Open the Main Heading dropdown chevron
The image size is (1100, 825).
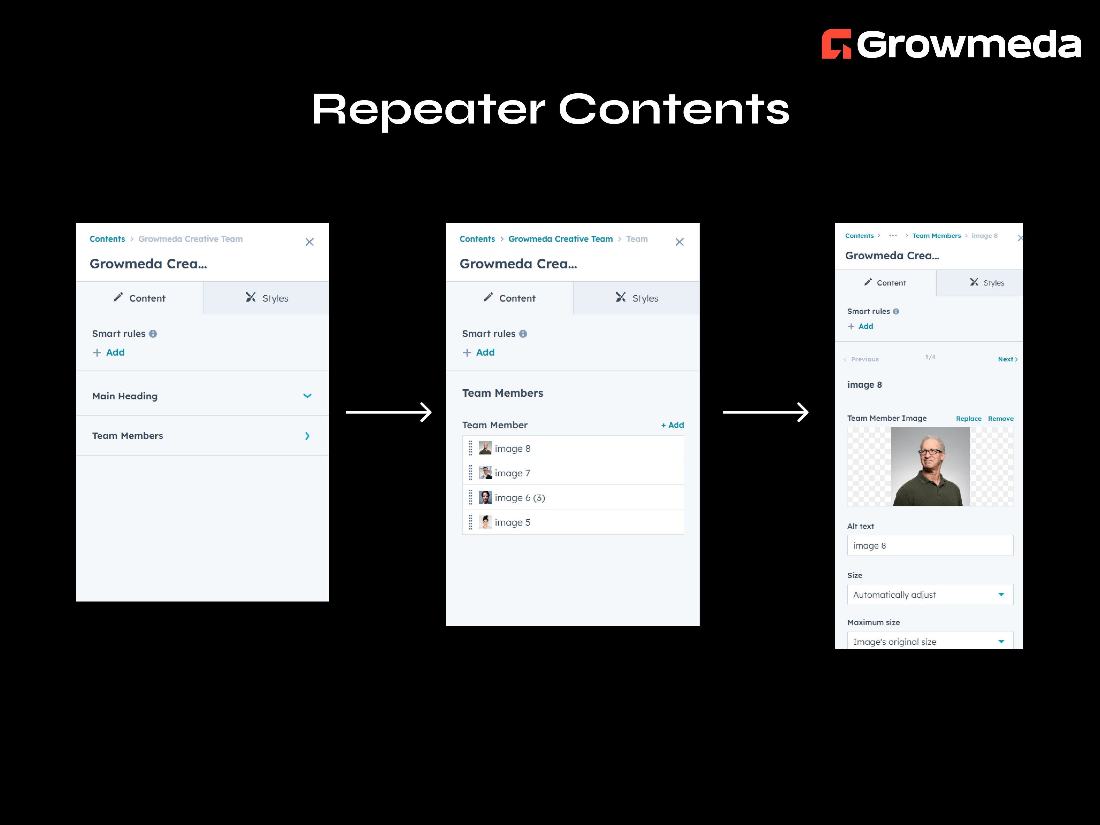(x=307, y=396)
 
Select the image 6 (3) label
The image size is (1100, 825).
(x=520, y=498)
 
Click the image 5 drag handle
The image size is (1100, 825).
(x=470, y=522)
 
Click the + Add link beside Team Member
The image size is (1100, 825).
(x=672, y=425)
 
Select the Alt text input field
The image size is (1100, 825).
(x=930, y=546)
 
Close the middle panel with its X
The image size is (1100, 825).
(x=679, y=242)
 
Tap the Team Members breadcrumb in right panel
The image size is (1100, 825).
(x=936, y=236)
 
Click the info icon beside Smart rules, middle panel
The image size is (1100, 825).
(x=523, y=334)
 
